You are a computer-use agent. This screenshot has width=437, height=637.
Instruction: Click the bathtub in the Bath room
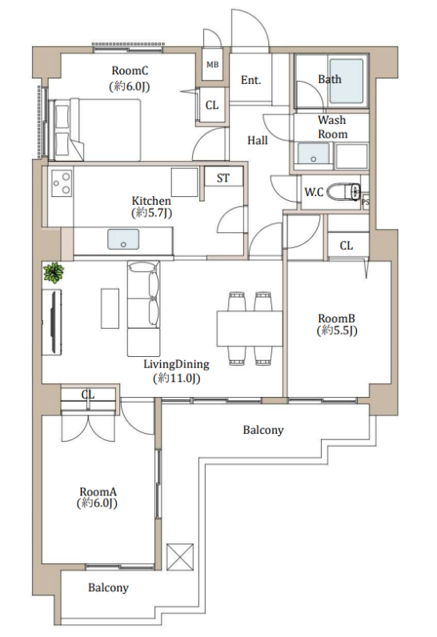point(347,82)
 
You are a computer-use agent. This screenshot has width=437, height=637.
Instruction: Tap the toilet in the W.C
point(345,191)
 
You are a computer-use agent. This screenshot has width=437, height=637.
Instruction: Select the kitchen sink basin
point(123,239)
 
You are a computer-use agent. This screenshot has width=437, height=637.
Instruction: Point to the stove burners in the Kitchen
point(62,182)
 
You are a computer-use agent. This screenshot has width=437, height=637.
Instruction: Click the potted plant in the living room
point(54,272)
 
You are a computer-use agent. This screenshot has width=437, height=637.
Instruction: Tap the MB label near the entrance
point(212,65)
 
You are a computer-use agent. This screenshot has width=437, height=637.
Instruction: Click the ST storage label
point(223,178)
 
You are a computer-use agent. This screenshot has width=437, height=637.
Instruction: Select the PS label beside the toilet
point(366,202)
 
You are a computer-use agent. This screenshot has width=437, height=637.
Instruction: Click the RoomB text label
point(336,318)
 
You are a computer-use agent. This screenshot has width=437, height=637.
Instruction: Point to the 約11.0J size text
point(177,379)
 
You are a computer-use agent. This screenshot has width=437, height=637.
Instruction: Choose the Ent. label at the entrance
point(251,80)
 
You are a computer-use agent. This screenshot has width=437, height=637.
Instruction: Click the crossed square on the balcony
point(180,556)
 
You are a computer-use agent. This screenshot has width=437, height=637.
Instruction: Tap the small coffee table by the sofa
point(110,308)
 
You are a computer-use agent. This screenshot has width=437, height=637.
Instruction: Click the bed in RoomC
point(95,129)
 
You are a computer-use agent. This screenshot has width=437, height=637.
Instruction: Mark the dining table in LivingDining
point(250,328)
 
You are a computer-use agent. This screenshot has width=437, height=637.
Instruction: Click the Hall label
point(258,141)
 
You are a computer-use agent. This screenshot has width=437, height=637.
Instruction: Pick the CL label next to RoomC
point(212,105)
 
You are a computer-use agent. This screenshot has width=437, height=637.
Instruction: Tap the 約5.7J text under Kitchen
point(152,213)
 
